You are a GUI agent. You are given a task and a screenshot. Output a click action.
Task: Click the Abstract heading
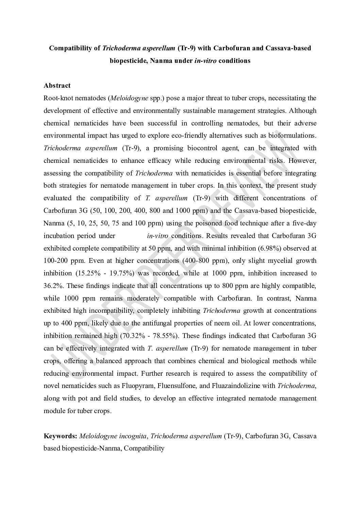pyautogui.click(x=57, y=85)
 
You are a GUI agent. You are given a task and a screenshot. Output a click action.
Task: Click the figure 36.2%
pyautogui.click(x=52, y=286)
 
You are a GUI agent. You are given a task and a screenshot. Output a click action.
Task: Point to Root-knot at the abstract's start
pyautogui.click(x=56, y=98)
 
